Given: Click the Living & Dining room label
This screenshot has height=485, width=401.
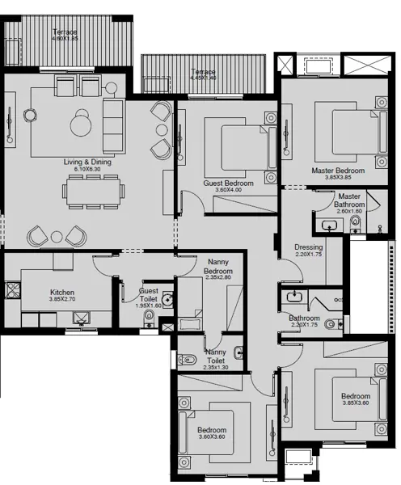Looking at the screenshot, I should tap(87, 162).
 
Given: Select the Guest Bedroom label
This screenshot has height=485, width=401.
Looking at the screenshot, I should tap(228, 183).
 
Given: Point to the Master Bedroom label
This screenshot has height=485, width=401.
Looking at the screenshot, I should tap(338, 171).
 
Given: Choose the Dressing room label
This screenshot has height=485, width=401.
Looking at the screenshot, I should tap(309, 247).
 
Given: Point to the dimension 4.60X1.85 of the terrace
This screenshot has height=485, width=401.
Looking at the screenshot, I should tap(65, 39).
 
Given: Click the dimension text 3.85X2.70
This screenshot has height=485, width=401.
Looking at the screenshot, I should tap(62, 300).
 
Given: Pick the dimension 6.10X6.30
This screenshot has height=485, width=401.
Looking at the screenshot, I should tap(87, 170).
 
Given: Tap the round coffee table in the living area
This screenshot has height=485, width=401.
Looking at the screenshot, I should tap(81, 124).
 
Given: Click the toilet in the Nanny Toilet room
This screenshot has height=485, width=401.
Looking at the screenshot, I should tap(188, 358).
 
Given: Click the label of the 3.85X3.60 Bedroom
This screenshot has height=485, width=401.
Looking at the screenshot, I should tap(355, 396).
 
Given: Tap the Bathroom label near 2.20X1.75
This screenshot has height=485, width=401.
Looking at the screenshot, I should tap(305, 318).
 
